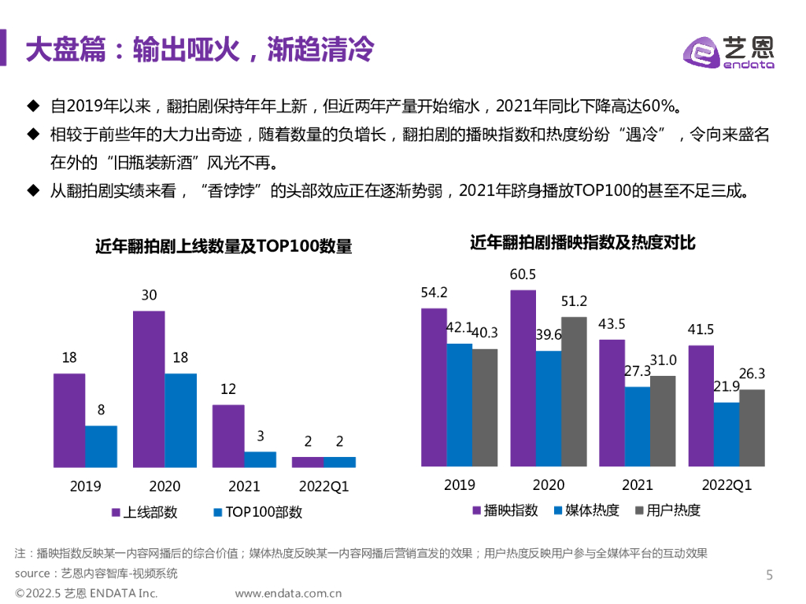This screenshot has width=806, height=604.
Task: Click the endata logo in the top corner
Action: (728, 53)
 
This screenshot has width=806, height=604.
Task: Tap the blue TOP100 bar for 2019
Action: (101, 447)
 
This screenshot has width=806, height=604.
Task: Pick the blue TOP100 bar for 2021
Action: (260, 460)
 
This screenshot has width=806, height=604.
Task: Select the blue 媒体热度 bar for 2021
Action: (638, 427)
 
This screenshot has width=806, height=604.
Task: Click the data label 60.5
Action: (523, 274)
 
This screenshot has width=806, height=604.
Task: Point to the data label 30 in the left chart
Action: (149, 295)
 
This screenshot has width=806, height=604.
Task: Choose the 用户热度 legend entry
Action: (667, 510)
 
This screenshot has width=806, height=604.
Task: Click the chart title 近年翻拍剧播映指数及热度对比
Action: (582, 243)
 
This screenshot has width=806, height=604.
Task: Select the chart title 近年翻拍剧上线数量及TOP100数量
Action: (224, 246)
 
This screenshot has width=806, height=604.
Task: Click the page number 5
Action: (770, 575)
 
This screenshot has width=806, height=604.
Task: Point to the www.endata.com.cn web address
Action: (288, 593)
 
